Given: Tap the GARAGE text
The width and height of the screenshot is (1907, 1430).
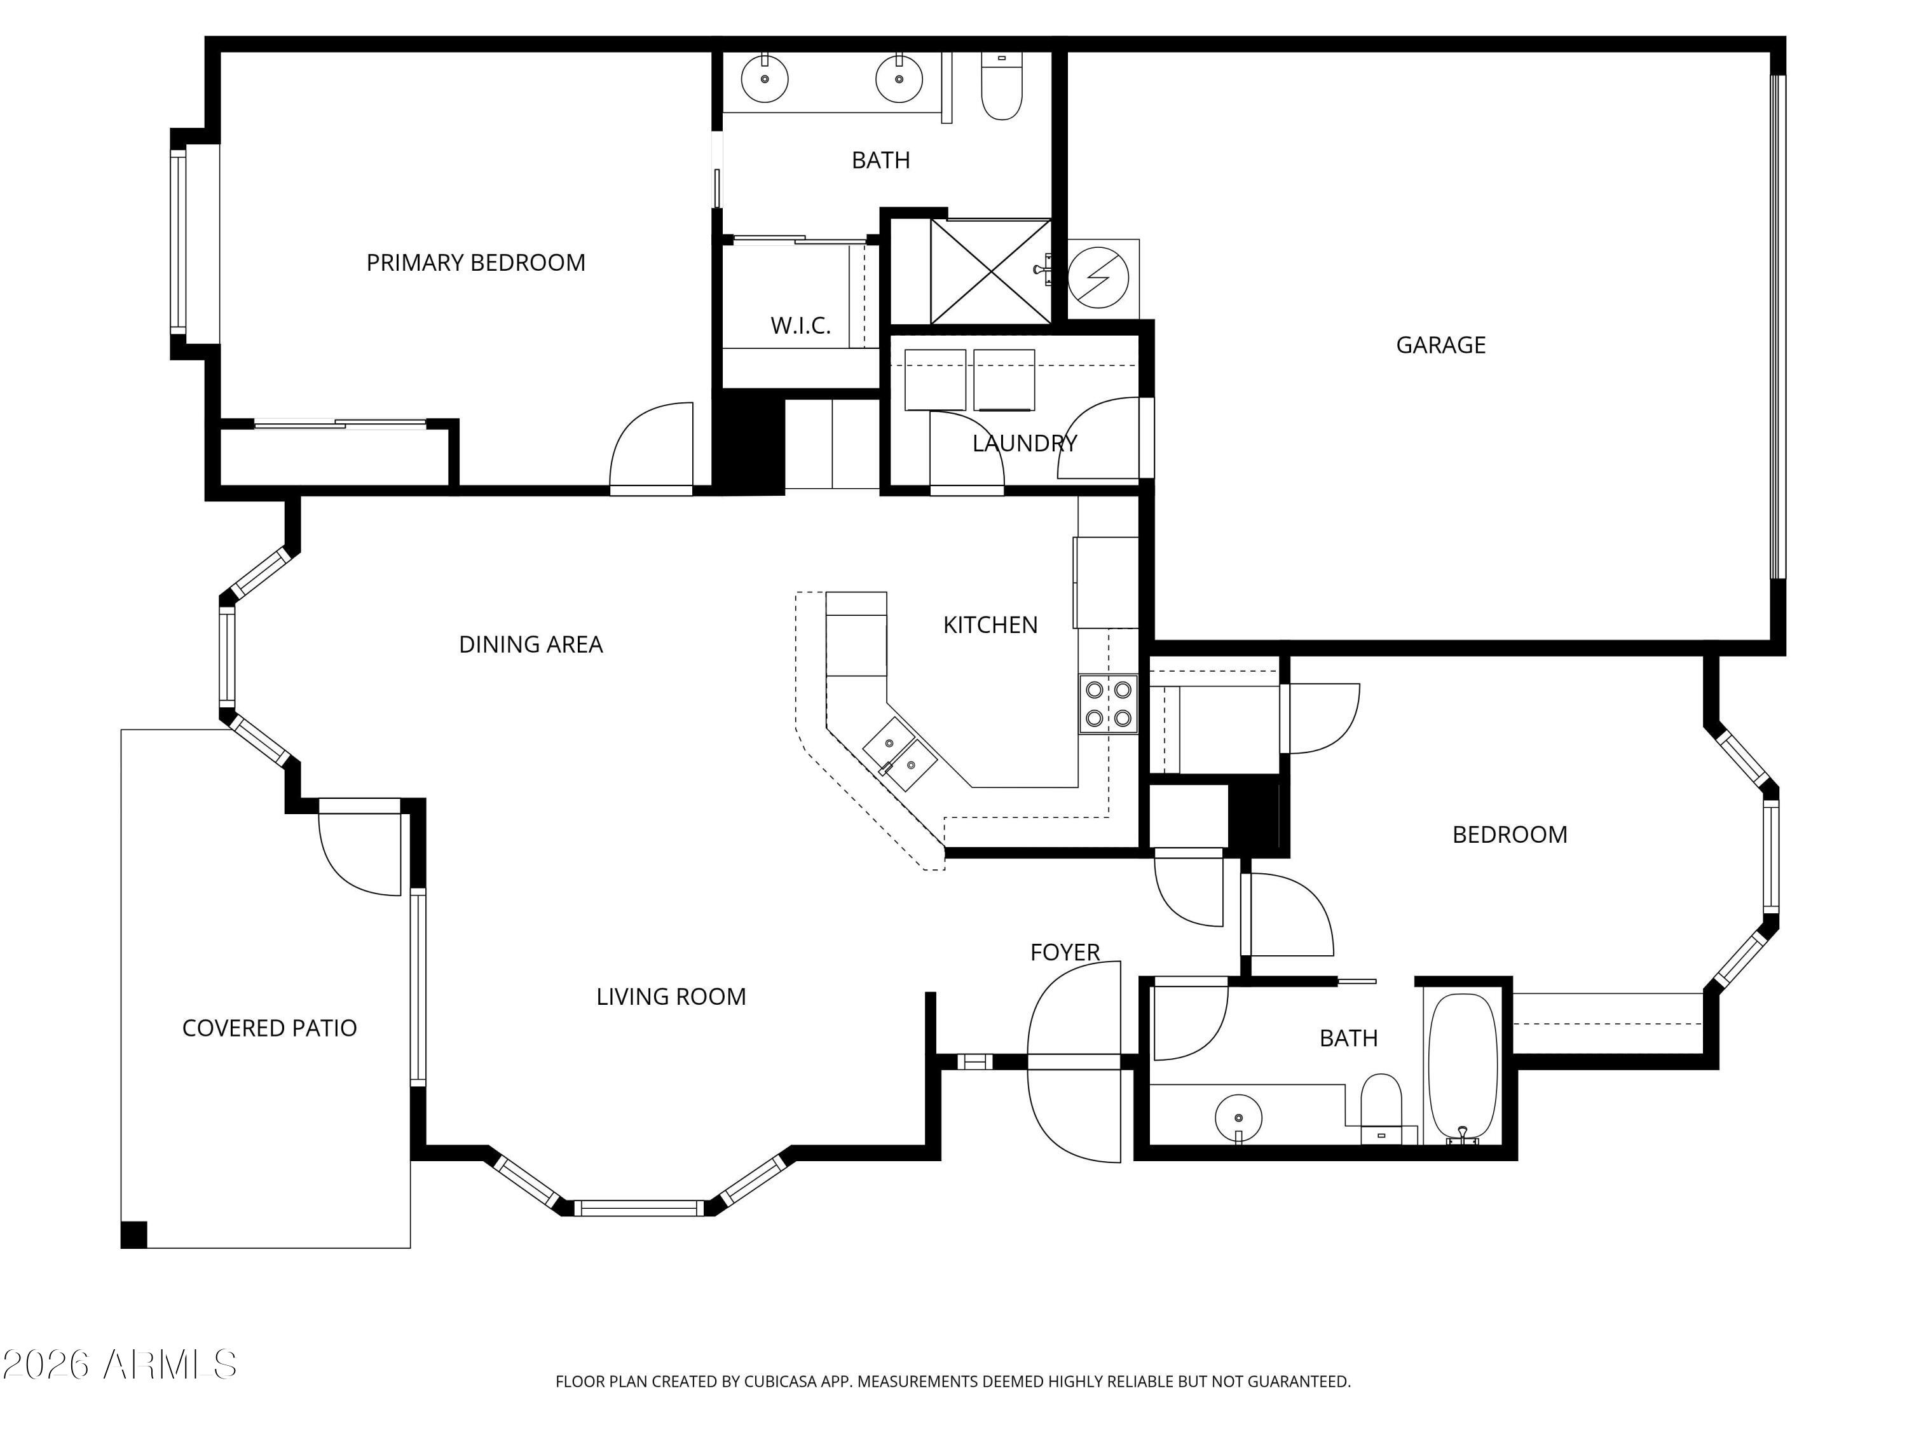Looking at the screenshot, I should point(1440,344).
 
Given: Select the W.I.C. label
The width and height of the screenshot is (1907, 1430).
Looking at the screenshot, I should point(800,326).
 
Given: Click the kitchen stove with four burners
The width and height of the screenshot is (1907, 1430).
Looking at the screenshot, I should point(1108,704).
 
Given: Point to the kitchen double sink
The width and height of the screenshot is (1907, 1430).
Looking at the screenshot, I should point(900,753).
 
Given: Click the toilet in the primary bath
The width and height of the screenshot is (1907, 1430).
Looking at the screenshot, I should point(1002,90).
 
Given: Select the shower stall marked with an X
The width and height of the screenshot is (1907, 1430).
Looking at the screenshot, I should point(990,271).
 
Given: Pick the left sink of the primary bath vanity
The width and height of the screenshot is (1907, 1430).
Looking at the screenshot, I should point(765,78).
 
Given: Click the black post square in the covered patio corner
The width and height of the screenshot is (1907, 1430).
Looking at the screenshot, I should point(133,1234).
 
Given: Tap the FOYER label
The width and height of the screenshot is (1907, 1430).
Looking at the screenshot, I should point(1065,953).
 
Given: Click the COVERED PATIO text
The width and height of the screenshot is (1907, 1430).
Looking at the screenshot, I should point(269,1028).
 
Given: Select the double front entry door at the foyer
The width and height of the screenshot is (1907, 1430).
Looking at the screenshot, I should point(1074,1062).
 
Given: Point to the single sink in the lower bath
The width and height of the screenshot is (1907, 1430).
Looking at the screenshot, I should point(1238,1118).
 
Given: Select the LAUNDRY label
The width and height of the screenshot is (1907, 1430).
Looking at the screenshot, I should point(1024,443).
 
